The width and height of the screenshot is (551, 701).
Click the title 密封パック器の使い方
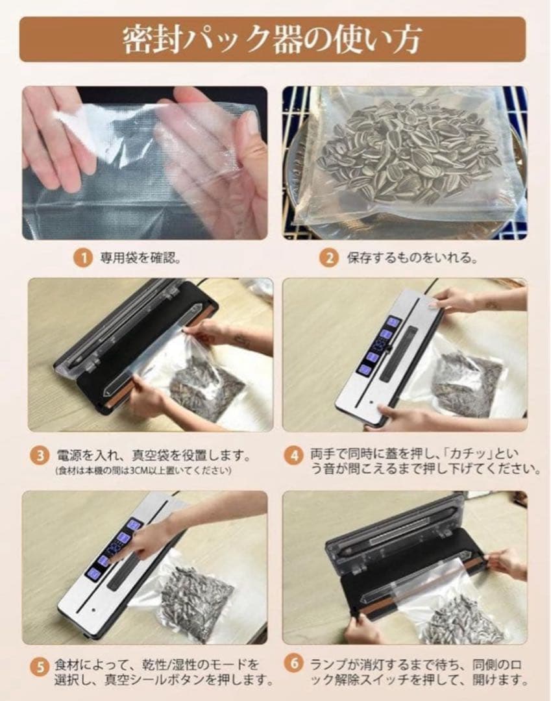tap(272, 40)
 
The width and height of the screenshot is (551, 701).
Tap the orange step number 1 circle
tap(82, 258)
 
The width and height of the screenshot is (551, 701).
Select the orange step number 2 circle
tap(329, 258)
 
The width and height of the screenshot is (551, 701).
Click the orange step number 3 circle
tap(40, 456)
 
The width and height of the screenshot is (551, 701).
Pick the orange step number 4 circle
tap(293, 456)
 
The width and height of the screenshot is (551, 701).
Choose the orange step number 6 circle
tap(293, 663)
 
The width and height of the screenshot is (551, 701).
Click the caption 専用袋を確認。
tap(140, 258)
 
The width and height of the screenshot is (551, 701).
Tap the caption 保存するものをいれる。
tap(411, 258)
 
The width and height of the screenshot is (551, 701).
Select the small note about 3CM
tap(143, 471)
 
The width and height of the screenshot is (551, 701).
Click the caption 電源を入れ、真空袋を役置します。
tap(154, 456)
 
